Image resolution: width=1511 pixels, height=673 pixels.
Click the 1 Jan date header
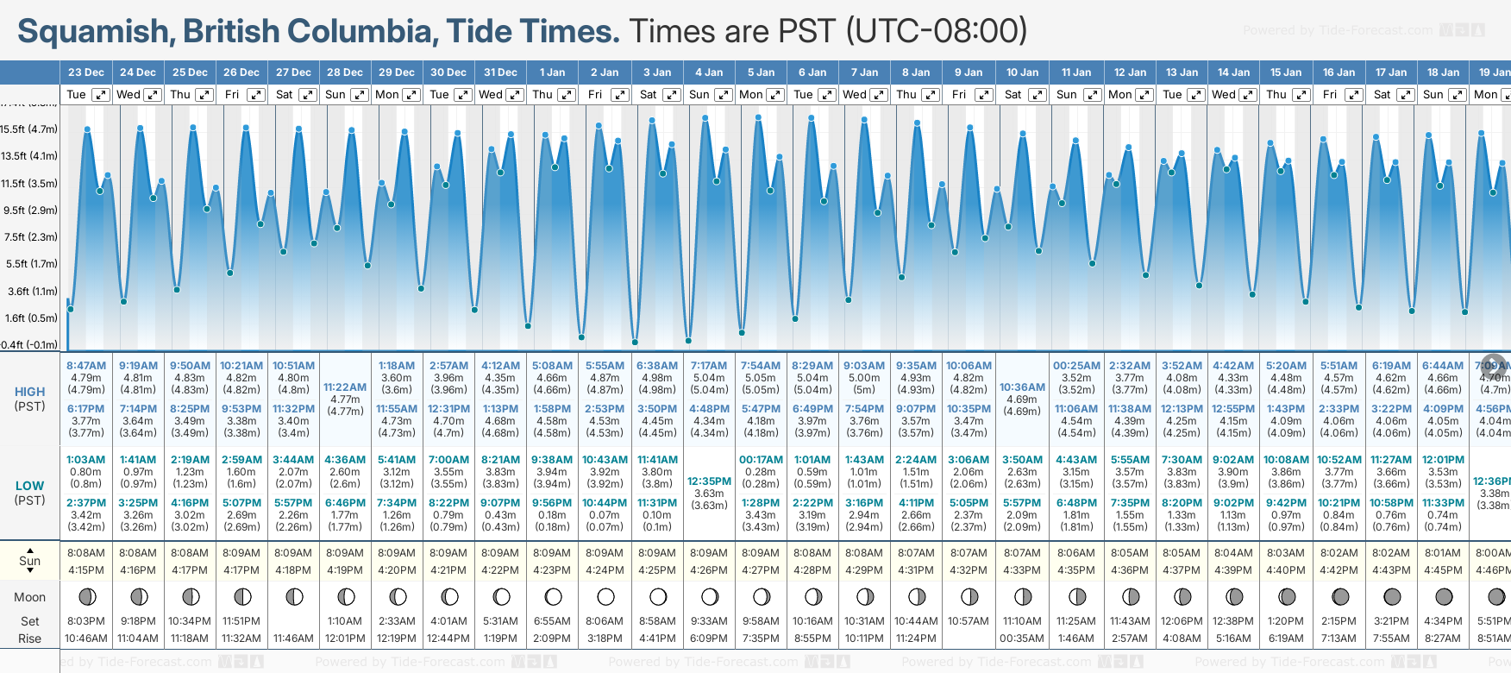click(552, 72)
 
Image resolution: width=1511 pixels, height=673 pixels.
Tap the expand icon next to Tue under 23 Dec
click(101, 95)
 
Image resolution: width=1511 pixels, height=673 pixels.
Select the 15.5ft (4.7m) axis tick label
click(30, 129)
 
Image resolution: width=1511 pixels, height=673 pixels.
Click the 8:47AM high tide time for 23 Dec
click(86, 366)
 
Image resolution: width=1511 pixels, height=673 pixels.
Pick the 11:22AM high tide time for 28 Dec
click(345, 387)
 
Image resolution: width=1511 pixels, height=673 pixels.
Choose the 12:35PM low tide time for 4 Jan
click(709, 481)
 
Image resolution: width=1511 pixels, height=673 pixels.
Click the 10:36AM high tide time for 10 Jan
click(1022, 387)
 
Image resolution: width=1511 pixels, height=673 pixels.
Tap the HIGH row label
click(30, 392)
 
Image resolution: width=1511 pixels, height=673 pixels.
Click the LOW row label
click(30, 486)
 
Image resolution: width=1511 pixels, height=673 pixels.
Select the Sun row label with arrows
click(30, 561)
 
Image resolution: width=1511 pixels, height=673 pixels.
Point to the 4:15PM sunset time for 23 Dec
click(86, 570)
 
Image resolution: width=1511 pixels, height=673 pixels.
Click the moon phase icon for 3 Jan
click(657, 596)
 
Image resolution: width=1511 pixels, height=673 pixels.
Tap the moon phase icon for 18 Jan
click(1443, 596)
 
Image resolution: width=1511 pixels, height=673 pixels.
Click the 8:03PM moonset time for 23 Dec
click(86, 621)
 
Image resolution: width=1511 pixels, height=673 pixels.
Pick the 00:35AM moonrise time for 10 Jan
click(1022, 638)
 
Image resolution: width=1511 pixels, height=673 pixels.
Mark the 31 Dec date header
click(500, 72)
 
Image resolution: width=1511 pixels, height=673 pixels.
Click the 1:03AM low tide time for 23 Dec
click(86, 460)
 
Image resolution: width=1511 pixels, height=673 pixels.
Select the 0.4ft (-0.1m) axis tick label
click(30, 345)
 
